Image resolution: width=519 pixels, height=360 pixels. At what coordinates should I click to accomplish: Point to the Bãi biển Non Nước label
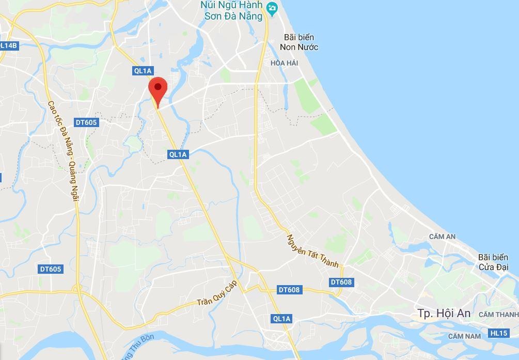(x=299, y=42)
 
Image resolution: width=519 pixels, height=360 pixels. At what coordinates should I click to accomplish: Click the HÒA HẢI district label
(x=285, y=62)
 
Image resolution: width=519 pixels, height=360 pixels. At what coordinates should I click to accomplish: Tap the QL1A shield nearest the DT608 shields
(x=281, y=319)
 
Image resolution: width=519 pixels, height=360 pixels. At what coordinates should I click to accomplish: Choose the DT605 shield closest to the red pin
(x=86, y=122)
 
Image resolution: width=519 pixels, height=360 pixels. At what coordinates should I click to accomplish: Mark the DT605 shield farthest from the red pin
(x=51, y=269)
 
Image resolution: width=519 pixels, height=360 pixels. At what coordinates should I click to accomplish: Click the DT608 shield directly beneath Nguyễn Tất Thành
(x=341, y=282)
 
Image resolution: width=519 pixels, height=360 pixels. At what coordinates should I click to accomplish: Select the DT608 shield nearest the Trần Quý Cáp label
(x=289, y=290)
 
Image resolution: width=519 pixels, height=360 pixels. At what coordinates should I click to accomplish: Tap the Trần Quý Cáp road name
(x=217, y=295)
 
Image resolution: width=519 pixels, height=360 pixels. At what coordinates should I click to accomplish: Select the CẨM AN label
(x=442, y=237)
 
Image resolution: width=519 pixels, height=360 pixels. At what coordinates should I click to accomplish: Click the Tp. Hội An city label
(x=444, y=313)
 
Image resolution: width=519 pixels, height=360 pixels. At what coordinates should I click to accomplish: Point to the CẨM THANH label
(x=498, y=315)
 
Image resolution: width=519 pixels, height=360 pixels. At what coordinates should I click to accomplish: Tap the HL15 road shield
(x=498, y=333)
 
